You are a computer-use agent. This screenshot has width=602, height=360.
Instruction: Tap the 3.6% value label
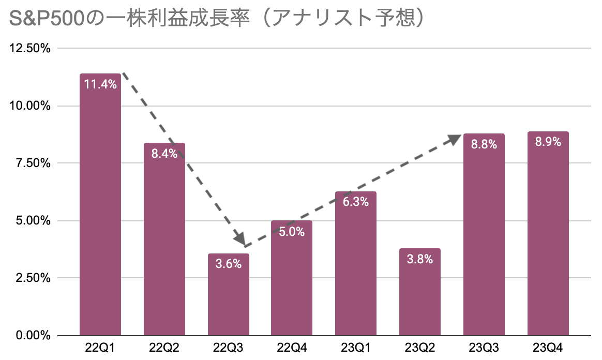(229, 264)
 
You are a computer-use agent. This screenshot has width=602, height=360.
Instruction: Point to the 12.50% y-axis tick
(29, 49)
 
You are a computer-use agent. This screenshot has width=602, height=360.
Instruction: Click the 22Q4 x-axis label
(292, 347)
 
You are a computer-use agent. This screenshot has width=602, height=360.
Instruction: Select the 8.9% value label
(548, 142)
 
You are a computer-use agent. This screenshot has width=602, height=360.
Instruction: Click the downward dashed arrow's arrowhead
(239, 239)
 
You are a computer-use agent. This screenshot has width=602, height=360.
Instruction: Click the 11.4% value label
(100, 84)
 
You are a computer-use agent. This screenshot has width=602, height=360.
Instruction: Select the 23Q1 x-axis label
(356, 347)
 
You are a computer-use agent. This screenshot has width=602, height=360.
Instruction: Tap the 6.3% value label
(356, 202)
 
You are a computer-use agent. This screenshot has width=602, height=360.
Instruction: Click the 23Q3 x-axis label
(484, 347)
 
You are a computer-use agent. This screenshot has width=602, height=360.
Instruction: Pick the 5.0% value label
(292, 231)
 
